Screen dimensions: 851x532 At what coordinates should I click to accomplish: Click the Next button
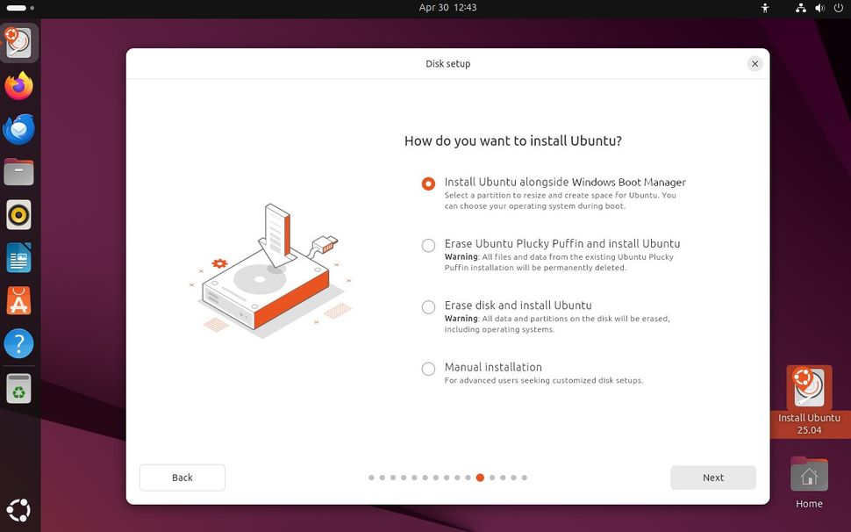click(x=713, y=478)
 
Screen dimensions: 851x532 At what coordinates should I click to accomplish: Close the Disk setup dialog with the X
click(x=754, y=63)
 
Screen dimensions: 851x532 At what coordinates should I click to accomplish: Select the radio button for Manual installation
click(x=428, y=369)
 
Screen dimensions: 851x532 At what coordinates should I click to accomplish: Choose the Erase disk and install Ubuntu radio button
click(x=428, y=307)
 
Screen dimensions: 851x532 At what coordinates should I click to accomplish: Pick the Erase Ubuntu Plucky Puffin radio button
click(x=428, y=246)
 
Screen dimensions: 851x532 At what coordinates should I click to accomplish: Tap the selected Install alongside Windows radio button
click(x=428, y=183)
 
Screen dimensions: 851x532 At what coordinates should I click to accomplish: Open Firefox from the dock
click(x=19, y=86)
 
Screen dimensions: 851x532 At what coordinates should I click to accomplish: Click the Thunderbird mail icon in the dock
click(x=19, y=129)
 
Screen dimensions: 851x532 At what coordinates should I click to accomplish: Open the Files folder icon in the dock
click(x=19, y=172)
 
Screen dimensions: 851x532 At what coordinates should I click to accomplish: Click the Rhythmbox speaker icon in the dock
click(x=19, y=215)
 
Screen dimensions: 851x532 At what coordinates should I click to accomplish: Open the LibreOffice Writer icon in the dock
click(x=19, y=258)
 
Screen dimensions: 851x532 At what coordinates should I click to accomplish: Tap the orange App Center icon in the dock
click(x=19, y=301)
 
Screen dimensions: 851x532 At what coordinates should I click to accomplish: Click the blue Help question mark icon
click(x=19, y=343)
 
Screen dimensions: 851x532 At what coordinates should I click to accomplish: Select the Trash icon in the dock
click(x=19, y=388)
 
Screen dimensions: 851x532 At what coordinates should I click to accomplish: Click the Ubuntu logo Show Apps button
click(x=19, y=510)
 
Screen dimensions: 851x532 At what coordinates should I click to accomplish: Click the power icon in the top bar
click(x=839, y=8)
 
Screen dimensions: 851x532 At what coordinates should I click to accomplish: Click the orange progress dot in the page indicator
click(x=480, y=478)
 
